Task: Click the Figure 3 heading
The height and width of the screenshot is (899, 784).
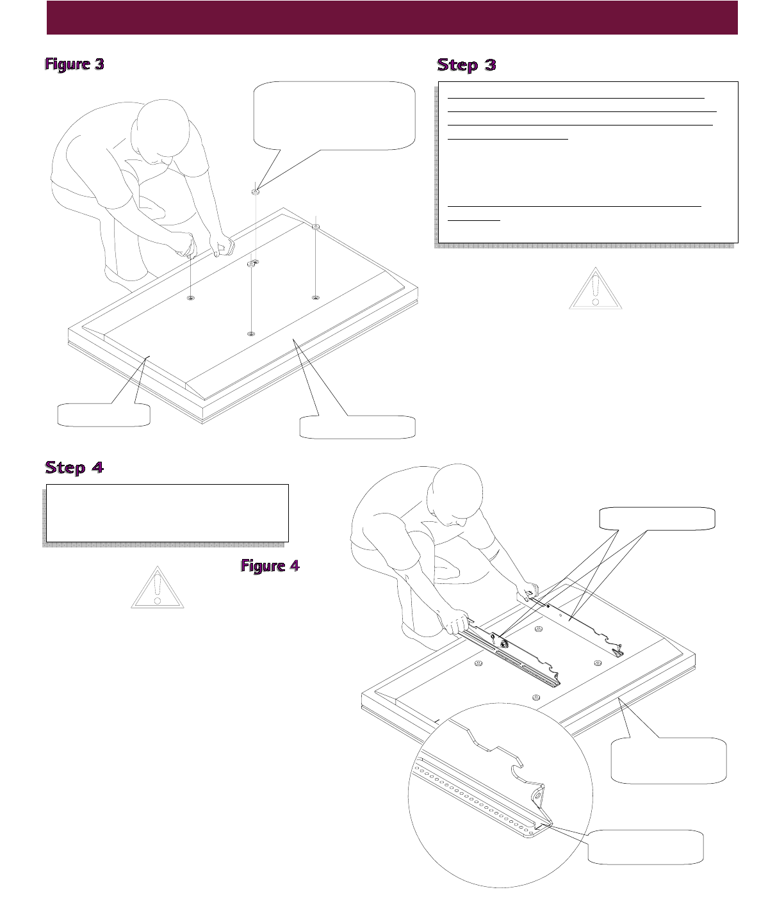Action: (x=74, y=64)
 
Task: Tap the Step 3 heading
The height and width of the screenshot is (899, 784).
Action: (x=466, y=65)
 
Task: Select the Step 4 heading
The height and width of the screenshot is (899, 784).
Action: (x=74, y=467)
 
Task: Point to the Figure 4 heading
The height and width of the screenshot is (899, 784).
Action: (x=270, y=566)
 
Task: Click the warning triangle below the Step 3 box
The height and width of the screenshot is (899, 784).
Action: (x=596, y=289)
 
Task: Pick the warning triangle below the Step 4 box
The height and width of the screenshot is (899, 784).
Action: (x=157, y=587)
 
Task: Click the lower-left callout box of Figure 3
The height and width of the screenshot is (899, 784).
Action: (x=104, y=414)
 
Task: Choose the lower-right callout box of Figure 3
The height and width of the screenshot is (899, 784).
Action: (x=357, y=427)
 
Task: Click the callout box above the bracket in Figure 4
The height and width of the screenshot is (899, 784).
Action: (x=657, y=519)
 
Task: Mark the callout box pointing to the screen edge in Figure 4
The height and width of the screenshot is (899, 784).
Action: (x=669, y=761)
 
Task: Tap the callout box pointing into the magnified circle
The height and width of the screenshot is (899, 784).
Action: (x=646, y=847)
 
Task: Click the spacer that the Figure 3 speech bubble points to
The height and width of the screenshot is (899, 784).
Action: (x=256, y=191)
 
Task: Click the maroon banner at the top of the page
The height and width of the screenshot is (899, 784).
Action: (x=392, y=17)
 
